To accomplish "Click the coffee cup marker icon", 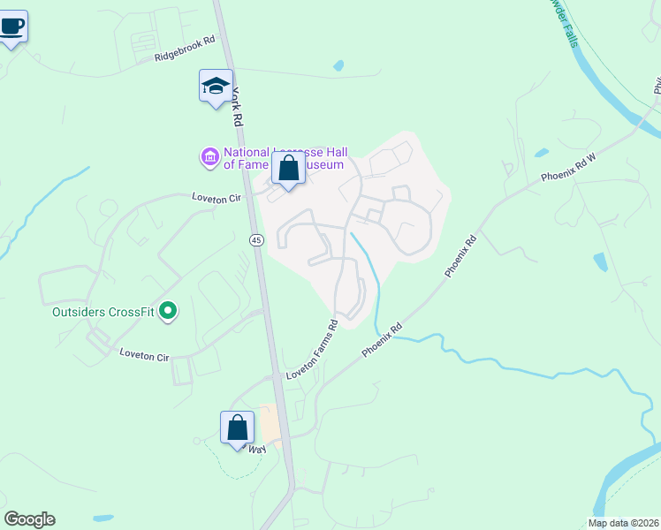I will [x=11, y=26].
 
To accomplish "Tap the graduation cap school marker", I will [x=216, y=86].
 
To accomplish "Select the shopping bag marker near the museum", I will [x=288, y=168].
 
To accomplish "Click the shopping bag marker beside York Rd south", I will [x=237, y=428].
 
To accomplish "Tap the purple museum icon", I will [x=209, y=158].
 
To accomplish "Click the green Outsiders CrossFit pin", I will [x=170, y=311].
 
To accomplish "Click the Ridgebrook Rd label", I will [x=185, y=54].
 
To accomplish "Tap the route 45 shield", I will [x=255, y=239].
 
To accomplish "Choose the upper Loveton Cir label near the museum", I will [x=217, y=198].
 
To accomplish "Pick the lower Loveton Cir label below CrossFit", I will [x=144, y=354].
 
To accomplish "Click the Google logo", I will [x=29, y=519].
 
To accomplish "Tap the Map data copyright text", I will [x=622, y=523].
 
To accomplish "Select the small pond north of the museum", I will [x=338, y=65].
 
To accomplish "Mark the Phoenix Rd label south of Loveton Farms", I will [x=382, y=340].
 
